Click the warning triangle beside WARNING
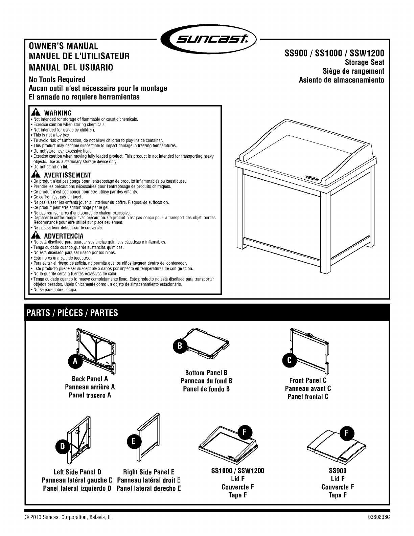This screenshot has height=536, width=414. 35,113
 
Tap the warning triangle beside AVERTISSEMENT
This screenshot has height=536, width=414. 35,175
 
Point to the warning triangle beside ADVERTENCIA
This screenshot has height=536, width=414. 35,236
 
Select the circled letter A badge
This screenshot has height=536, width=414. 75,361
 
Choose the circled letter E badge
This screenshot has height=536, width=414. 134,441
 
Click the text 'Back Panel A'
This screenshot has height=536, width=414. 90,379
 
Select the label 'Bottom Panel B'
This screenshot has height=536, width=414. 206,373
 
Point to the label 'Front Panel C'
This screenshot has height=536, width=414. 308,380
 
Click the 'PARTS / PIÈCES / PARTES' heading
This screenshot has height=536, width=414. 73,313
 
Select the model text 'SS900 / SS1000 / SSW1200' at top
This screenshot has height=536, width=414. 333,53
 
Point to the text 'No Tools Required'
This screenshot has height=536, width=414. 57,80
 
